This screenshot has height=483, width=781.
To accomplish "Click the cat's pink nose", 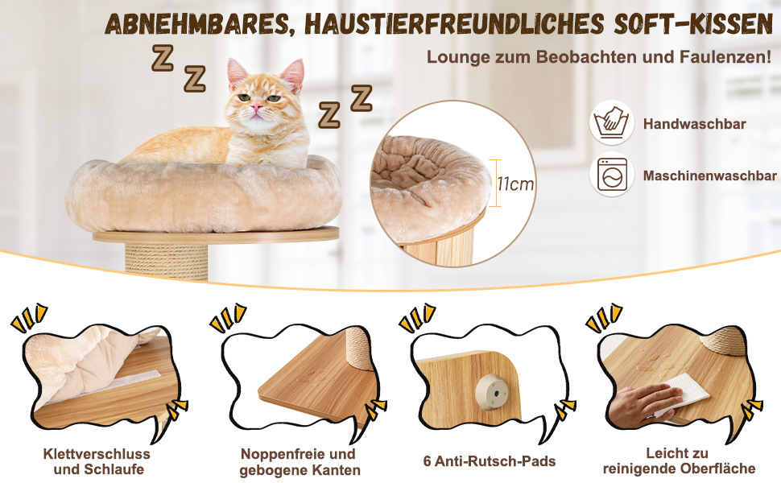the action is (x=257, y=106).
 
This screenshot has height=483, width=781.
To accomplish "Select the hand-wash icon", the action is (x=612, y=122).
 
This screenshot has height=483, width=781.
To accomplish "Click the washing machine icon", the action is (x=612, y=174).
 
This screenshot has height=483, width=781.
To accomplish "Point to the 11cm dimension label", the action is (x=515, y=184).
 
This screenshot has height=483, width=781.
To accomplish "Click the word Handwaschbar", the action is (x=694, y=123).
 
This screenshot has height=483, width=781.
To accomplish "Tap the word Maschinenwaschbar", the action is (x=710, y=175).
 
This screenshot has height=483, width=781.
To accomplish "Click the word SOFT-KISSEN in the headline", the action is (x=693, y=24).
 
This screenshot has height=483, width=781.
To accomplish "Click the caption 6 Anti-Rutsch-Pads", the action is (x=490, y=461).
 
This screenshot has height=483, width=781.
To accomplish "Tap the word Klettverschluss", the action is (x=97, y=454).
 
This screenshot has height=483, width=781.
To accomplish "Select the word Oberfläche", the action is (x=717, y=469).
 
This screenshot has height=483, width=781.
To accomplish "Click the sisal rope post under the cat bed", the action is (x=167, y=261).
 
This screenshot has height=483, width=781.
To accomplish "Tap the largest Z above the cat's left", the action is (x=163, y=58).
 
